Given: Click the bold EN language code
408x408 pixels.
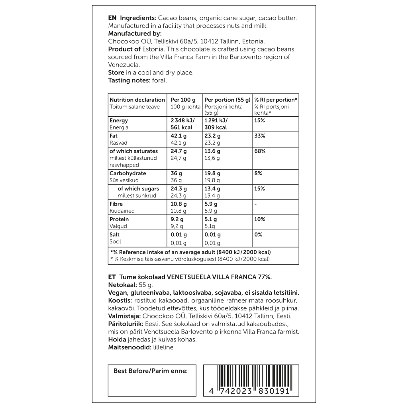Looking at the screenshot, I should tap(112, 18).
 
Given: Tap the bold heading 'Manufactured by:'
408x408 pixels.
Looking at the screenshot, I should tap(135, 33).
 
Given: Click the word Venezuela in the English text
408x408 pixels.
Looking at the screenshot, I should tap(124, 65).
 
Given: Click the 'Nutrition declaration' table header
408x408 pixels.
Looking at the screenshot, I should tap(137, 100).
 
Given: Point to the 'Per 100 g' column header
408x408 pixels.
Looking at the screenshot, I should tap(183, 100).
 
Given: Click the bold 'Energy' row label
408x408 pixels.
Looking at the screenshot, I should tap(119, 120).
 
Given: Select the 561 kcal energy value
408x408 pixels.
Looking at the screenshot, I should tap(182, 127).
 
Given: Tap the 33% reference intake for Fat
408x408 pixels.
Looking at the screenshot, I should tap(259, 136).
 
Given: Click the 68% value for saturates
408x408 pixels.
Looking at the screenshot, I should tap(260, 151).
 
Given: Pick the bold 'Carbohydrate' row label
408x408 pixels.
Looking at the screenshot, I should tap(127, 173).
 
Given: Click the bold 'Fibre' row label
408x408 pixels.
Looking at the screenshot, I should tap(116, 204).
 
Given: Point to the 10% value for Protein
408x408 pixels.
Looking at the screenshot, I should tap(259, 219).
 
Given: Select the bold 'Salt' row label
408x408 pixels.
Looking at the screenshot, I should tap(114, 235).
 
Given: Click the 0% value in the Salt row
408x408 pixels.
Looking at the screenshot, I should tap(258, 235).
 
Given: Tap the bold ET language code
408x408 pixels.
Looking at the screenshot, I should tap(112, 277).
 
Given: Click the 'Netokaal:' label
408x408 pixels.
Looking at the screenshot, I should tap(122, 285).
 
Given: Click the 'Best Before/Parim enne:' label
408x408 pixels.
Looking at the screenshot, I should tap(151, 371).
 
